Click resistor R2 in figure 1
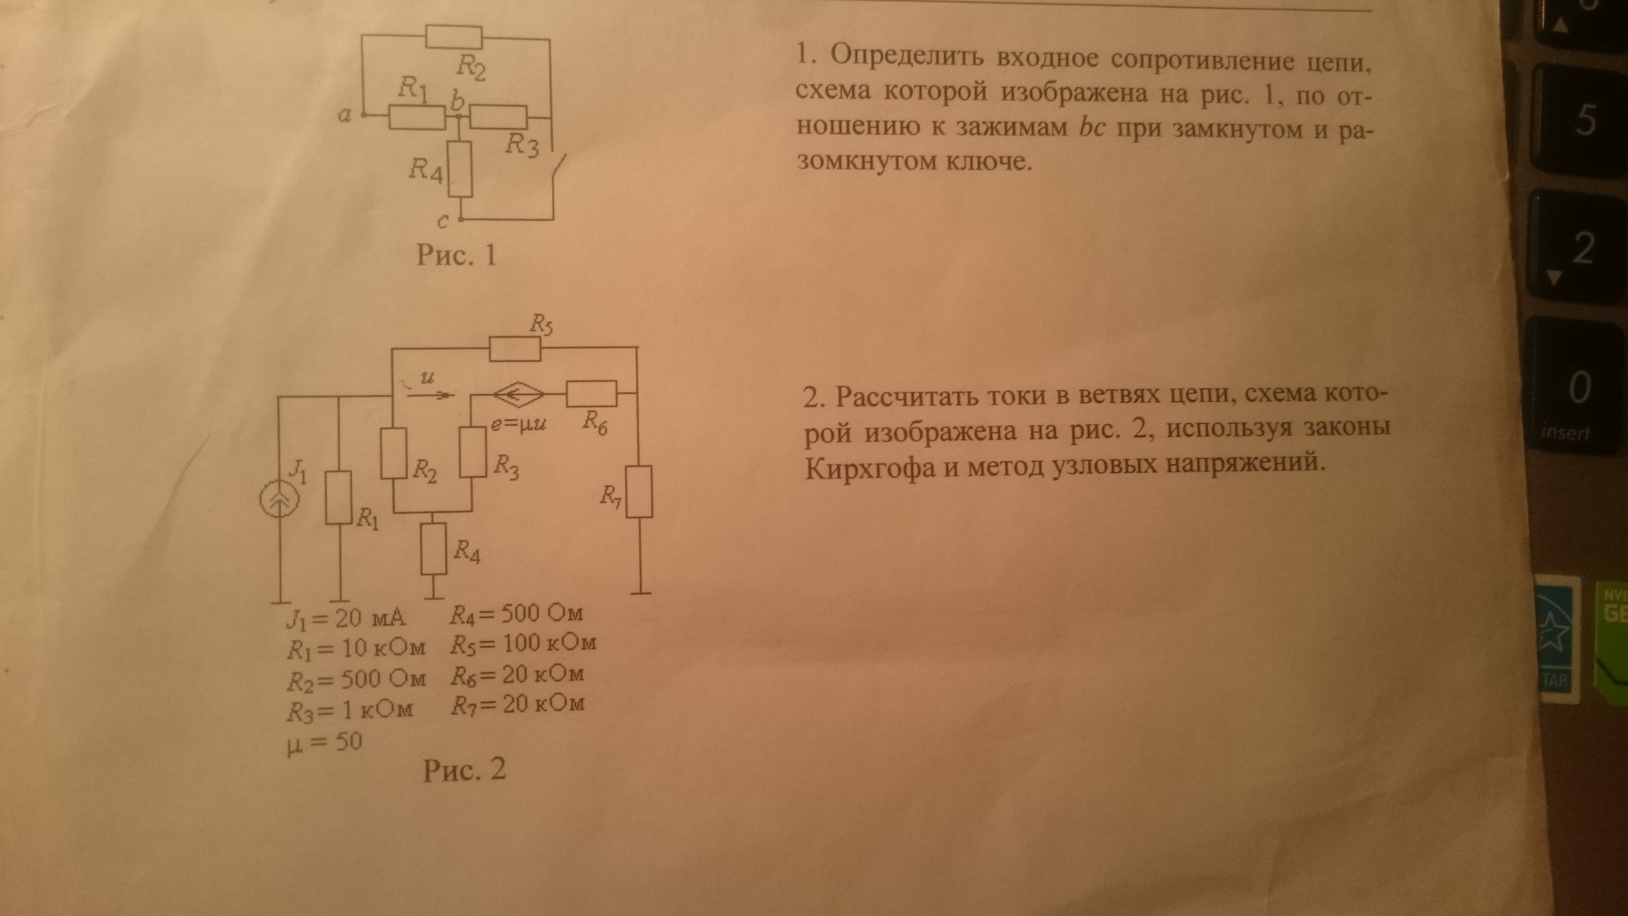click(454, 37)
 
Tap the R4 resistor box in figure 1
click(460, 169)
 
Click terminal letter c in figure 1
click(443, 221)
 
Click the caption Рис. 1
click(456, 255)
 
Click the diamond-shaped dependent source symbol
click(518, 394)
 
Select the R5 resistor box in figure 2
click(515, 348)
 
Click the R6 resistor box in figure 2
click(591, 393)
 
